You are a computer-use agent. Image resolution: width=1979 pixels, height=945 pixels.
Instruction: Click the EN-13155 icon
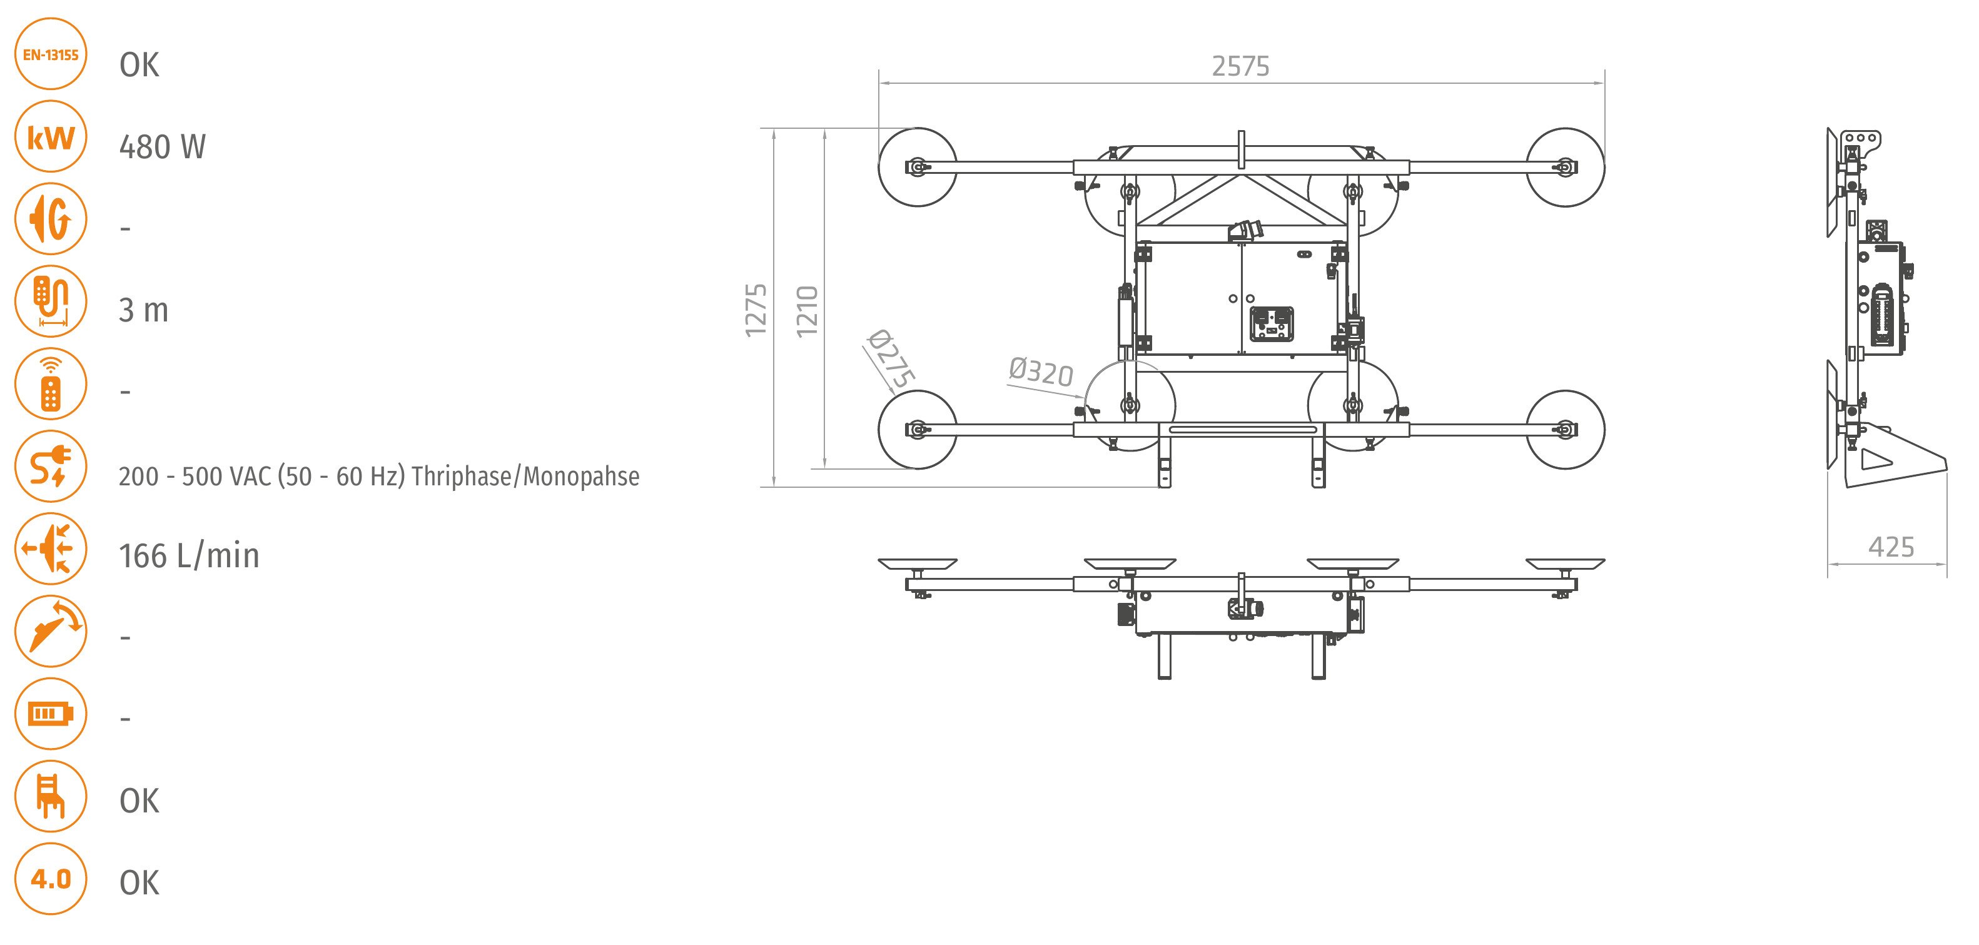pos(51,54)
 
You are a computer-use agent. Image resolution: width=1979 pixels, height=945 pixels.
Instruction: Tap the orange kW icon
pos(51,137)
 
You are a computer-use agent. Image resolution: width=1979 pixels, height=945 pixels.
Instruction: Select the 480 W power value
pos(162,147)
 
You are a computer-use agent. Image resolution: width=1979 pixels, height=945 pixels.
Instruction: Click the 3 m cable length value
pos(144,310)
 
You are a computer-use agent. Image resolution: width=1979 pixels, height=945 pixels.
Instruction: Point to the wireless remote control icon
pos(51,383)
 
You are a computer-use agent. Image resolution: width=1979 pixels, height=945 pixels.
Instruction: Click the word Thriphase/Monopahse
pos(525,477)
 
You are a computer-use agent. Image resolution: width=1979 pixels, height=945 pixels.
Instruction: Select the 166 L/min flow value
pos(189,555)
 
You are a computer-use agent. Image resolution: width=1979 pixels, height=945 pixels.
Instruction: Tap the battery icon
pos(51,714)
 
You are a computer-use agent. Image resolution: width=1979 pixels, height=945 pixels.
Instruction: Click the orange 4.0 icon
pos(51,878)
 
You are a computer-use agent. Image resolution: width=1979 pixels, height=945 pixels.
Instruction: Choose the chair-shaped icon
pos(51,796)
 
